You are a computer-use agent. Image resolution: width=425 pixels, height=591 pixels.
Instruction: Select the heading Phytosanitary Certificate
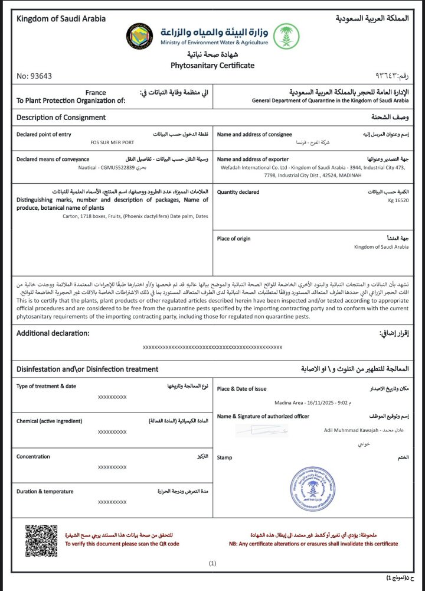(x=212, y=65)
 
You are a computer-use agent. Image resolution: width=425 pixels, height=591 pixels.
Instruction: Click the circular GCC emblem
(x=140, y=37)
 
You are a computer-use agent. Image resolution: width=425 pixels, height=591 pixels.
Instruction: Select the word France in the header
(x=96, y=93)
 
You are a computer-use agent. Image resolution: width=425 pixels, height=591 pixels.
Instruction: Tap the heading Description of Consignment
(x=61, y=118)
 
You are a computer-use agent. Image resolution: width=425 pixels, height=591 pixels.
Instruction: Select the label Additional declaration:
(x=53, y=333)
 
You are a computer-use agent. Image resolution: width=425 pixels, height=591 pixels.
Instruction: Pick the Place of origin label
(x=234, y=238)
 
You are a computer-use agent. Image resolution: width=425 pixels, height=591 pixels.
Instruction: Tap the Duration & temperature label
(x=45, y=491)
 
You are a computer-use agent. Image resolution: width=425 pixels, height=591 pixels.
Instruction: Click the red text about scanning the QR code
(x=122, y=544)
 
